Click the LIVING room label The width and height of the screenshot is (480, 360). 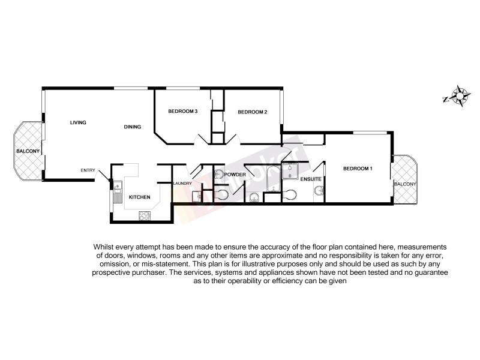[x=78, y=123]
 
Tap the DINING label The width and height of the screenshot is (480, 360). [x=132, y=127]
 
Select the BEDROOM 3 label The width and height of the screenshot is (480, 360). [x=182, y=111]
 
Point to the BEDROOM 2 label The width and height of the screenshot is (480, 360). [x=252, y=112]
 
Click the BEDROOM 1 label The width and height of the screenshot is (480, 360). [x=358, y=169]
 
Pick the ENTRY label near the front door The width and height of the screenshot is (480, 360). [x=88, y=171]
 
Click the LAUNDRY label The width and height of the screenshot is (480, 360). [x=182, y=184]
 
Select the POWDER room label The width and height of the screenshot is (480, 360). [x=236, y=175]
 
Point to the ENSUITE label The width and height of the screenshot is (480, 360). [x=311, y=179]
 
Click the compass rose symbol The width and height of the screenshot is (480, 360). [x=460, y=96]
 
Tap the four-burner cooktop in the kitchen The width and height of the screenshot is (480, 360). [x=145, y=215]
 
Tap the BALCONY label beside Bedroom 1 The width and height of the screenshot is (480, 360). [x=404, y=184]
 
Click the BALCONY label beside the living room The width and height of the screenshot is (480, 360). [x=28, y=151]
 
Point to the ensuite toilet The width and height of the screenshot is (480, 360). [x=292, y=195]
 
